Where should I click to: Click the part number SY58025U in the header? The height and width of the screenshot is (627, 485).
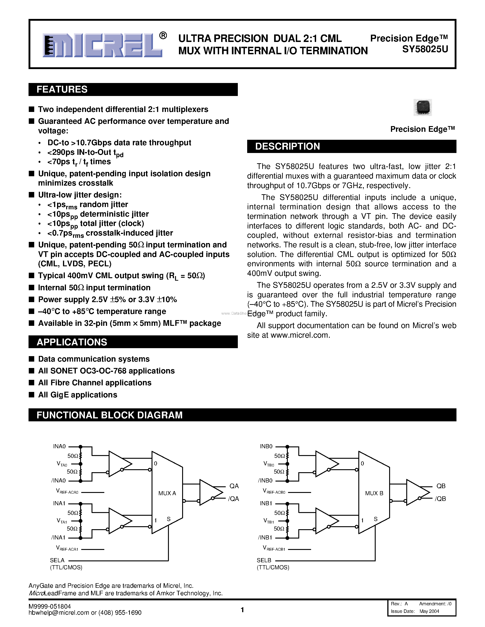425,50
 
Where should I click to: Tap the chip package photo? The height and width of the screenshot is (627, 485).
423,107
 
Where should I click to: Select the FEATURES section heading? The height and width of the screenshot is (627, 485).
62,90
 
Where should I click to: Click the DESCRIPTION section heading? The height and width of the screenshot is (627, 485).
287,146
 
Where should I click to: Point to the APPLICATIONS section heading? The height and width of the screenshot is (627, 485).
72,342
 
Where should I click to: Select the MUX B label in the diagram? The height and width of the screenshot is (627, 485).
374,493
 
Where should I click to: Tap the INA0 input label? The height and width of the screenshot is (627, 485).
60,446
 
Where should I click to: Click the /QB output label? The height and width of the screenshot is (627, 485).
441,499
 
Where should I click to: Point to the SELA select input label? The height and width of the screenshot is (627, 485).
57,560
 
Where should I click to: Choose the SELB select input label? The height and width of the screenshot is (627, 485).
264,560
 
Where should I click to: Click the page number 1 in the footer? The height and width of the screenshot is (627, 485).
242,610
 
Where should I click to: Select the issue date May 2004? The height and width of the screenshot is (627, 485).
429,611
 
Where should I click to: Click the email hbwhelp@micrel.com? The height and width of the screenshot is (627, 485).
59,613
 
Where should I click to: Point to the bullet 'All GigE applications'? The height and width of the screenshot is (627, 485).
78,395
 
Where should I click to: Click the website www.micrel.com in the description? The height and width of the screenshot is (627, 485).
299,335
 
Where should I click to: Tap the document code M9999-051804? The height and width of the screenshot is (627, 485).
50,606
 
